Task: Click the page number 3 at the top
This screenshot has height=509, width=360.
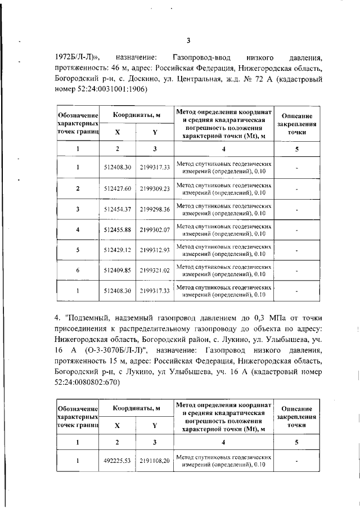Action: (188, 40)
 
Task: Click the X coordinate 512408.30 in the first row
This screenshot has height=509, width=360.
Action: (118, 168)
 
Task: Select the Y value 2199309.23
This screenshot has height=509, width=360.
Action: (155, 188)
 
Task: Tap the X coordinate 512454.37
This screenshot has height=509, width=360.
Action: (118, 209)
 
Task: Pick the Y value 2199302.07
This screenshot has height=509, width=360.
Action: (155, 229)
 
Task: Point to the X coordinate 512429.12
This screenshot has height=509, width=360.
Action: (118, 250)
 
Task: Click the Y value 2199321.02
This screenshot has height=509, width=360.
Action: (155, 271)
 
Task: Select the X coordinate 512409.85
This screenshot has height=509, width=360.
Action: (118, 271)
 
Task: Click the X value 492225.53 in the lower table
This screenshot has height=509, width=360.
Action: (118, 461)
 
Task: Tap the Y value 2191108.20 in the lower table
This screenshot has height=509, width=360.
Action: (155, 461)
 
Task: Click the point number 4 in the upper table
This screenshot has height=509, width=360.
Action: (78, 229)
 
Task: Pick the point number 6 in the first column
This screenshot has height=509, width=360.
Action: (78, 271)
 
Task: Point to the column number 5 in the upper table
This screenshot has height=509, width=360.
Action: (296, 149)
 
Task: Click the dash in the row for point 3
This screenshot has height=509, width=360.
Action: (296, 210)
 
